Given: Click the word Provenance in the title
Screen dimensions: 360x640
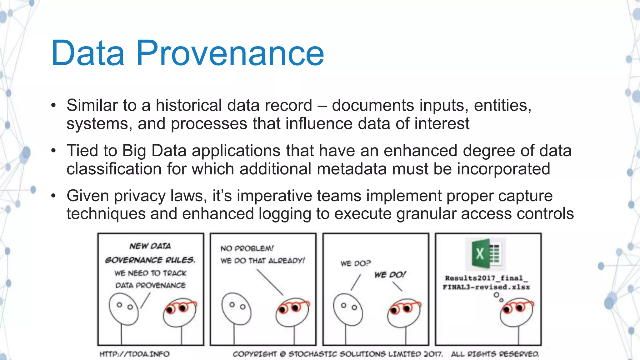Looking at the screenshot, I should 230,53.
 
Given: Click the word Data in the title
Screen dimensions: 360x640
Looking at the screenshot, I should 88,53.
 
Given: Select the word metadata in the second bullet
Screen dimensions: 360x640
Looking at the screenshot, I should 352,169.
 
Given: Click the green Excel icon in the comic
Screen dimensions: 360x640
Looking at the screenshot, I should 485,254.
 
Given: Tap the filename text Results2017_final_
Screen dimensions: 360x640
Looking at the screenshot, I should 486,278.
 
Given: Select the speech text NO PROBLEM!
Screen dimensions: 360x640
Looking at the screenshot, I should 247,248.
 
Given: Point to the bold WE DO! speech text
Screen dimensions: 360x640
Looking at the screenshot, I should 390,275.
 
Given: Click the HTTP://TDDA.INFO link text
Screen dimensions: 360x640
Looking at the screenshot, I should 134,354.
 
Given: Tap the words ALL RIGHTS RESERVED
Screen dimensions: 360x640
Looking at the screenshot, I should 495,354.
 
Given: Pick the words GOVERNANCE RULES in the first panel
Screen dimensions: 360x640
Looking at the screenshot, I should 150,260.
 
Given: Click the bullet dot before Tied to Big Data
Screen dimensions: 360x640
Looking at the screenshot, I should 53,151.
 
